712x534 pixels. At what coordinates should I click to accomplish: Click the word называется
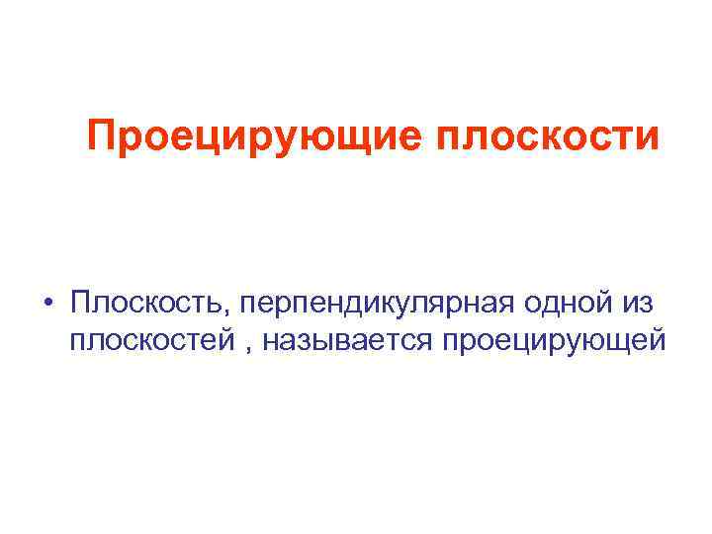pos(349,341)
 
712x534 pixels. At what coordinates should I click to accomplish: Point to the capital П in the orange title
pos(101,135)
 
